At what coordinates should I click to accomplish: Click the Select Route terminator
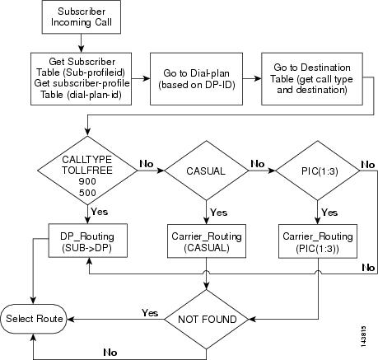33,316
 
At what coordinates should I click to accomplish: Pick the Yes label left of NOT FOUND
150,313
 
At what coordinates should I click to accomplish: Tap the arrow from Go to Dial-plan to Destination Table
250,78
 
